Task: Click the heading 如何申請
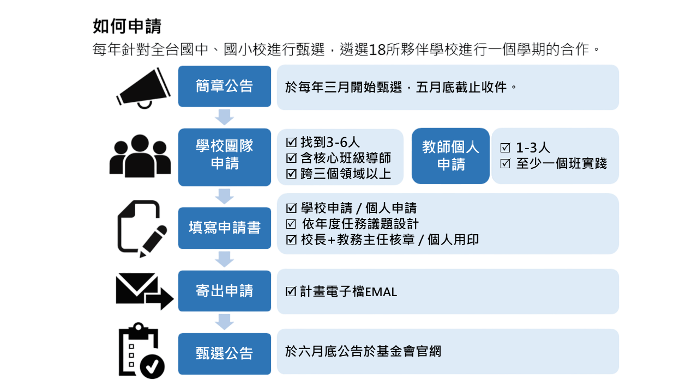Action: pos(127,26)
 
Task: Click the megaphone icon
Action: pos(143,88)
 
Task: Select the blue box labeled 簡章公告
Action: pos(224,86)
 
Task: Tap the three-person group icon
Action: pos(140,156)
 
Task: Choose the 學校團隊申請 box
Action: pos(224,157)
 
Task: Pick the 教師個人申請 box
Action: pos(450,156)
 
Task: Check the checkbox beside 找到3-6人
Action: pos(291,142)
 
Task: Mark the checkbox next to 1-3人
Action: pos(505,148)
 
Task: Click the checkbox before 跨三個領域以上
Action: pos(291,174)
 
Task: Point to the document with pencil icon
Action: pos(142,229)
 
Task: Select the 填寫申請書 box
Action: pos(224,228)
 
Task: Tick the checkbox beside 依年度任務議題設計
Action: pos(291,224)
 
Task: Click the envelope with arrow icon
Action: pos(145,291)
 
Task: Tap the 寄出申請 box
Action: pos(224,291)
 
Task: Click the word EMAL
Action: pos(381,292)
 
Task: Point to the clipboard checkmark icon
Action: pos(142,351)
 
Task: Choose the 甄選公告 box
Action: pos(224,354)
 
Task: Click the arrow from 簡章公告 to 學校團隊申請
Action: pos(224,117)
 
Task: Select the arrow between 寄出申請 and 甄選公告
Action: pos(224,322)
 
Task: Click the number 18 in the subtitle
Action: pos(377,50)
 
